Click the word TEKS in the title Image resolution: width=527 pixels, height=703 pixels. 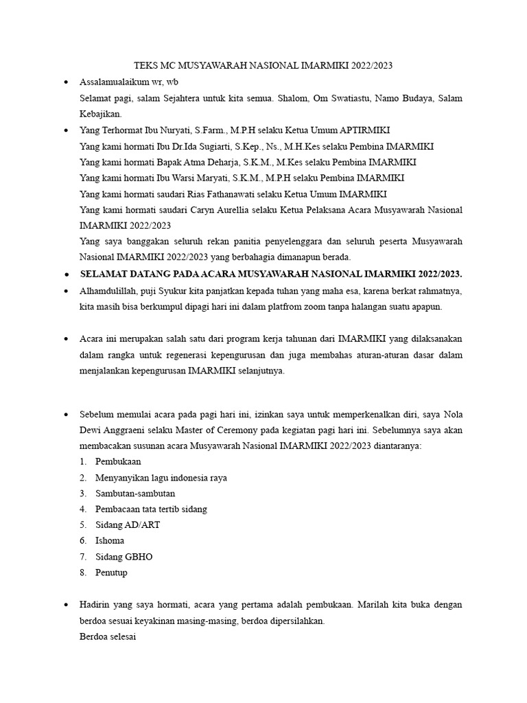coord(146,66)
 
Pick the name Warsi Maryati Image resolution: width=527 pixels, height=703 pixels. coord(197,178)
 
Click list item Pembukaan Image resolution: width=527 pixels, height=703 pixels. coord(118,462)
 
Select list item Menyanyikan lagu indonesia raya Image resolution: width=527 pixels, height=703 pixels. coord(161,478)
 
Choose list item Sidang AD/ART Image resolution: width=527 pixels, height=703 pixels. coord(128,525)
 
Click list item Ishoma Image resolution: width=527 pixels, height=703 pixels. coord(110,541)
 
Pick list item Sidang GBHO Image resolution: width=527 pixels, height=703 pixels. coord(124,557)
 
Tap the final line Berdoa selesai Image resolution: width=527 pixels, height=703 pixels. coord(108,637)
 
